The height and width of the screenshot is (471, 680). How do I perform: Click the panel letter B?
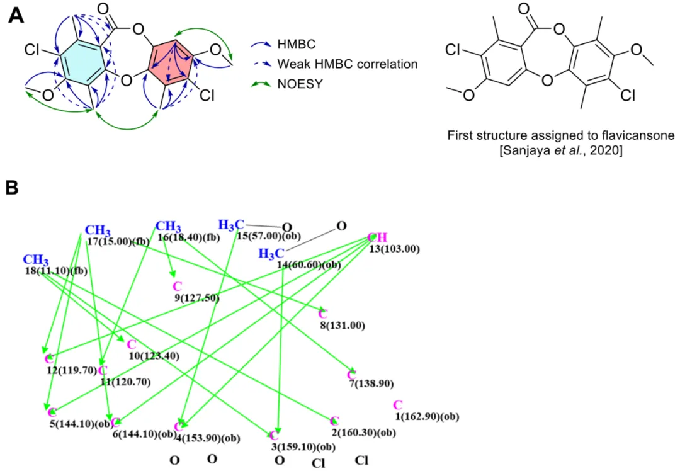pyautogui.click(x=13, y=188)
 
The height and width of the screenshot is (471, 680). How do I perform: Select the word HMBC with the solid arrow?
pyautogui.click(x=297, y=44)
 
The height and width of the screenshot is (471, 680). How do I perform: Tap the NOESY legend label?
pyautogui.click(x=300, y=84)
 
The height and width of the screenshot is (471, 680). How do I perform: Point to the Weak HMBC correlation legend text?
pyautogui.click(x=348, y=64)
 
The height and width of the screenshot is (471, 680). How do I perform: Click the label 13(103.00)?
pyautogui.click(x=394, y=249)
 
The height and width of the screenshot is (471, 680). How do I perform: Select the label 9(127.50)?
pyautogui.click(x=196, y=298)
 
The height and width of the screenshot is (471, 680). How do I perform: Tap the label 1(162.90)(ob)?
pyautogui.click(x=427, y=416)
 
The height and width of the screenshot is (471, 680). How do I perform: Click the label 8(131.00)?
pyautogui.click(x=342, y=326)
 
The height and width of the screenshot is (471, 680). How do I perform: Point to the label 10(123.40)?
pyautogui.click(x=154, y=356)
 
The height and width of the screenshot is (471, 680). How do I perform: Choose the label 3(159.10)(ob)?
pyautogui.click(x=303, y=446)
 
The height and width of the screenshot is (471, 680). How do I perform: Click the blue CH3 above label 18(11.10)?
pyautogui.click(x=35, y=260)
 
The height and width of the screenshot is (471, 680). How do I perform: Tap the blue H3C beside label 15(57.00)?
pyautogui.click(x=231, y=225)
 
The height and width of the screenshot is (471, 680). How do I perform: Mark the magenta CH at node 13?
pyautogui.click(x=377, y=237)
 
